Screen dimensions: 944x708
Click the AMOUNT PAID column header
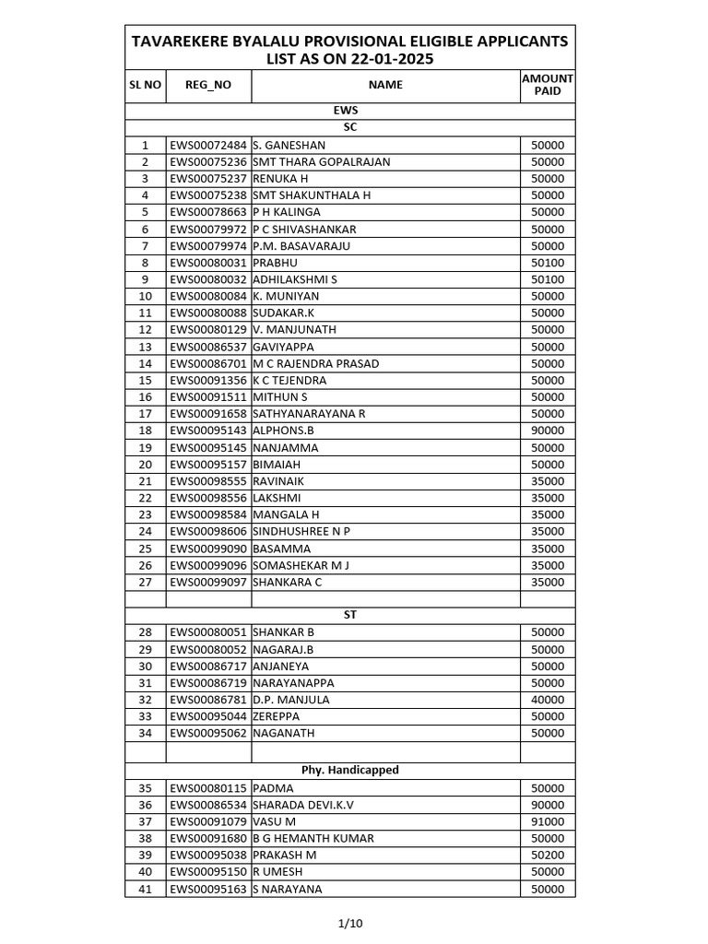point(548,85)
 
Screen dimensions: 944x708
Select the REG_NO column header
point(208,85)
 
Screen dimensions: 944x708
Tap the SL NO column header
point(146,85)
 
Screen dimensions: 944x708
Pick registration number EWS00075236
point(208,161)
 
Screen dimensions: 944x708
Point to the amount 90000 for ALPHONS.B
point(548,431)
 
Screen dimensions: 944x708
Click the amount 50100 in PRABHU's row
point(548,263)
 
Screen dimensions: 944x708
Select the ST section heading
point(350,615)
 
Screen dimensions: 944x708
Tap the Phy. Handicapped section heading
point(350,770)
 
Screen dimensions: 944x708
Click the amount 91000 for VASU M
point(548,821)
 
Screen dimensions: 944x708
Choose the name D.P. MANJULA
point(290,700)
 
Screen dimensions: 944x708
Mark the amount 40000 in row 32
point(548,700)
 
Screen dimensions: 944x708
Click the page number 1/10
point(350,922)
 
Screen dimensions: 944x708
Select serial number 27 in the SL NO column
point(145,582)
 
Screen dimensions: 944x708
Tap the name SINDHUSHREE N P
point(301,531)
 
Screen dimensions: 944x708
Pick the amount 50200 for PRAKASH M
point(548,855)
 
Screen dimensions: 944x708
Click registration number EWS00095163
point(208,890)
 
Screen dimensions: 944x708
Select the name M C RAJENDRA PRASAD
point(315,363)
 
